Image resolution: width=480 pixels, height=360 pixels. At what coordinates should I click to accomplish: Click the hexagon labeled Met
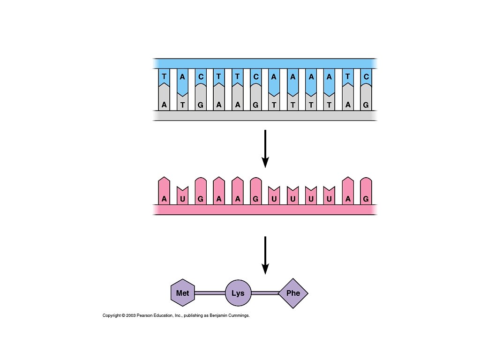(182, 293)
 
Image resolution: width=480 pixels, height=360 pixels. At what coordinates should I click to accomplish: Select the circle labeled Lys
(238, 293)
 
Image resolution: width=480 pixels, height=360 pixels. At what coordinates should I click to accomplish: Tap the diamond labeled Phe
(293, 293)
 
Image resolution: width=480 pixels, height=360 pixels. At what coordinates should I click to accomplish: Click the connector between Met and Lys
(210, 293)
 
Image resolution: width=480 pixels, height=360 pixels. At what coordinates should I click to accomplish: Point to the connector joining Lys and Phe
(265, 293)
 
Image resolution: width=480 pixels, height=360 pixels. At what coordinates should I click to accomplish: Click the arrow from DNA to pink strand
(265, 148)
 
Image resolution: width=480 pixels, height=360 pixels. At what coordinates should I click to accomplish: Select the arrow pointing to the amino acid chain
(265, 255)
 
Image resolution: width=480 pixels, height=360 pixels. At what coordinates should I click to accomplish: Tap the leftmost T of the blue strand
(164, 76)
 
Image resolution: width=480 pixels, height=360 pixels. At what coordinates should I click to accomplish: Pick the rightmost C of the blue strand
(366, 76)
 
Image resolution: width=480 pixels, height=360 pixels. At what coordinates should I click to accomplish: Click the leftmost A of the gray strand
(164, 105)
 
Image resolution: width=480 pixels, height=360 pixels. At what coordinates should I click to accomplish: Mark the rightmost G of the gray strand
(366, 105)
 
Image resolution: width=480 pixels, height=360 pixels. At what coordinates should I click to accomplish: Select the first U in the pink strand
(182, 199)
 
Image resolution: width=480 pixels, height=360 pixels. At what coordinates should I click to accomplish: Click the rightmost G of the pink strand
(366, 199)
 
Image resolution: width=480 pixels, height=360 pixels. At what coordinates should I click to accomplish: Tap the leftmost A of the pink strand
(164, 199)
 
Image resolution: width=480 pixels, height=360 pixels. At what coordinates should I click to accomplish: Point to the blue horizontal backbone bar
(265, 63)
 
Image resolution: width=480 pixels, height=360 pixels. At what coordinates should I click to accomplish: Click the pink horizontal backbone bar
(265, 210)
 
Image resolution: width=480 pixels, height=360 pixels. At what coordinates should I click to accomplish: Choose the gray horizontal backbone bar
(265, 116)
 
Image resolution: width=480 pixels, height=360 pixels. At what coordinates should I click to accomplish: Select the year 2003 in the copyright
(131, 316)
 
